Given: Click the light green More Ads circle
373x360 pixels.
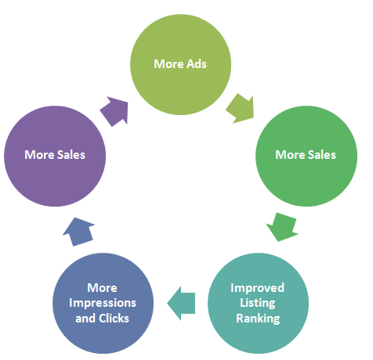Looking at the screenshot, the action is click(x=180, y=64).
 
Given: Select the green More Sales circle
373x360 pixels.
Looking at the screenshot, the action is click(x=306, y=156).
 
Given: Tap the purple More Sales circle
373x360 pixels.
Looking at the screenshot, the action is click(x=55, y=156).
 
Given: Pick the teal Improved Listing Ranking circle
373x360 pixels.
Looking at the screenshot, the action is click(x=258, y=303).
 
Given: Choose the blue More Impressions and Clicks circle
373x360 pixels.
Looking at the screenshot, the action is click(x=103, y=303).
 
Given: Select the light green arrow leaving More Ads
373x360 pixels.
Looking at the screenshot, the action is click(x=241, y=108).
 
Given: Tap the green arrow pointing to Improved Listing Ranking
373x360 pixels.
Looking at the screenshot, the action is click(x=282, y=227).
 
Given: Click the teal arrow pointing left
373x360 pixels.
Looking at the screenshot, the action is click(x=181, y=303).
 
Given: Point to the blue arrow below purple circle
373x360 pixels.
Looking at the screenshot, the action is click(x=79, y=232).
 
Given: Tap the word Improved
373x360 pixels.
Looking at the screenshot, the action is click(x=257, y=289).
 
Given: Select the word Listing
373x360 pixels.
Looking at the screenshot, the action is click(x=258, y=304).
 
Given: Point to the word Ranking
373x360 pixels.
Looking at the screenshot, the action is click(x=258, y=319).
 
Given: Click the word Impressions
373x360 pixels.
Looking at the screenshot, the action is click(x=103, y=304).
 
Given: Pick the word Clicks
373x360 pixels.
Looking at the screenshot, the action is click(x=114, y=319).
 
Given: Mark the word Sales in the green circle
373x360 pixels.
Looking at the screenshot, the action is click(x=322, y=155).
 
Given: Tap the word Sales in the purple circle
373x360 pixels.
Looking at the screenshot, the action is click(x=71, y=155).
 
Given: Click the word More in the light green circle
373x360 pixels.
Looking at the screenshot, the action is click(x=168, y=64).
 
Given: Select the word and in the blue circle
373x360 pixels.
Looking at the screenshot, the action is click(x=85, y=319).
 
